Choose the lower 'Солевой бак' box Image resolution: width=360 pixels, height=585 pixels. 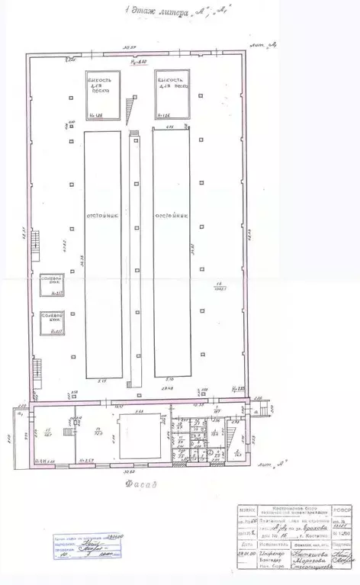pyautogui.click(x=51, y=321)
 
